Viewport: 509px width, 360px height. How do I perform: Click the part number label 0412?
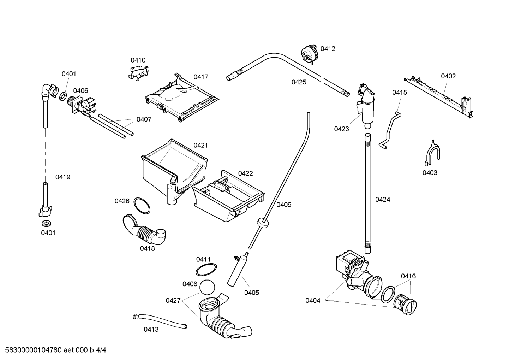tap(328, 49)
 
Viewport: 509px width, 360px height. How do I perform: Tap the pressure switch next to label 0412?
tap(310, 54)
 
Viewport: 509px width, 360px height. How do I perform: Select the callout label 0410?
tap(138, 60)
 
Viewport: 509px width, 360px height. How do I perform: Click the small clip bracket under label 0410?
tap(139, 72)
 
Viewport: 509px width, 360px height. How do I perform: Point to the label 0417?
tap(201, 77)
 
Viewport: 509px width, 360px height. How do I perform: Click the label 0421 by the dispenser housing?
tap(200, 145)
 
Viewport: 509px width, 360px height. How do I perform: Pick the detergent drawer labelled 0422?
tap(228, 196)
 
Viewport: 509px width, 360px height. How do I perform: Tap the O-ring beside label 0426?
tap(142, 206)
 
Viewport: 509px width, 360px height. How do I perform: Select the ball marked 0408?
tap(207, 287)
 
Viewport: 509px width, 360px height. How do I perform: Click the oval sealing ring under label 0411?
tap(206, 270)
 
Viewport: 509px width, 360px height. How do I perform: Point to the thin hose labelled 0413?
tap(160, 321)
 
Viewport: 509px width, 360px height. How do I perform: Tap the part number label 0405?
tap(252, 293)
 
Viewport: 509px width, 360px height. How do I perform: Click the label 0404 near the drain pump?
tap(313, 301)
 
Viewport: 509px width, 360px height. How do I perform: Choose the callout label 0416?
tap(408, 276)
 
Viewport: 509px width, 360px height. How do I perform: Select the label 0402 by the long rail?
tap(448, 76)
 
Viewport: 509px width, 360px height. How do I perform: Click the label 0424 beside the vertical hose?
tap(383, 200)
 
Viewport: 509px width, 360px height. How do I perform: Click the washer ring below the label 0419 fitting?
tap(47, 223)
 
